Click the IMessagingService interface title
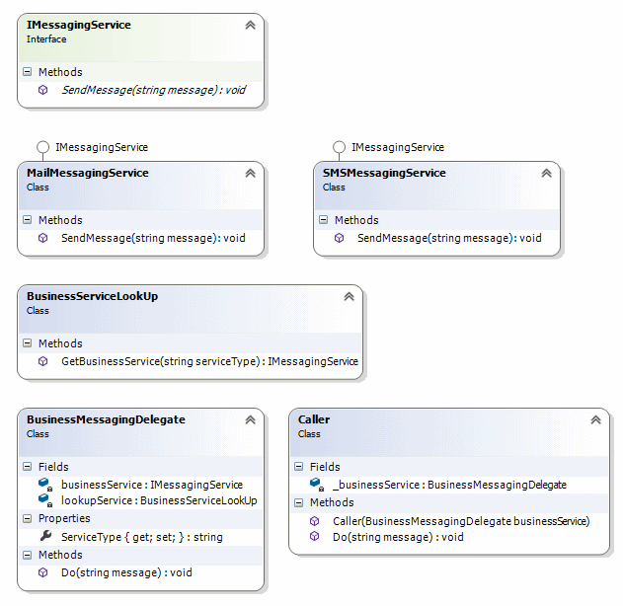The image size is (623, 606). tap(78, 25)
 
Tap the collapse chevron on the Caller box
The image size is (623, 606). tap(595, 419)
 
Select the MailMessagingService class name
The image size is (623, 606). tap(88, 173)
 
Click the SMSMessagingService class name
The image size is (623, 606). tap(385, 173)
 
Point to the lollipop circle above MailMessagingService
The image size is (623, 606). tap(42, 147)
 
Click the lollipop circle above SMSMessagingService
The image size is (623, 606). tap(339, 147)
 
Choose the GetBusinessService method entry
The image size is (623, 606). tap(209, 362)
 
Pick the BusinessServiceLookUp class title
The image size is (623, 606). tap(93, 296)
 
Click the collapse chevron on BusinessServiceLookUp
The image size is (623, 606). tap(349, 296)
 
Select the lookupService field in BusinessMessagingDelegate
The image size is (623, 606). tap(158, 500)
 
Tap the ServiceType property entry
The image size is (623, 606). tap(141, 537)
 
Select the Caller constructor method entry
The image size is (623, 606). tap(460, 520)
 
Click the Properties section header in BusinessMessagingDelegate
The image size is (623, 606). tap(63, 518)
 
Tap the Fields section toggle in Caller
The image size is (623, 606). tap(299, 467)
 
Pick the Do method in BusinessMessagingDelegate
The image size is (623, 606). tap(126, 572)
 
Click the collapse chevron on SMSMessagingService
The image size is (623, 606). tap(546, 173)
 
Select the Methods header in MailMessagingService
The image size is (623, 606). tap(60, 220)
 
